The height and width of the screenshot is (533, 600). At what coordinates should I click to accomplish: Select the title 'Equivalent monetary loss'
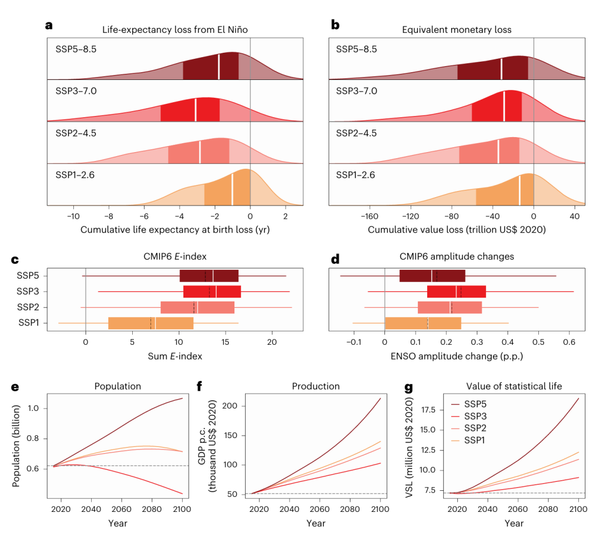[457, 29]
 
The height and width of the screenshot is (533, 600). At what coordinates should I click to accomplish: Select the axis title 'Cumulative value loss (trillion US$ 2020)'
[457, 229]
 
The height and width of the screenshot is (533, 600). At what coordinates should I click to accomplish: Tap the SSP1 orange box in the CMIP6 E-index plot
[151, 323]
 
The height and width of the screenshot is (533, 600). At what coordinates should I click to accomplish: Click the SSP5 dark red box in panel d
[432, 276]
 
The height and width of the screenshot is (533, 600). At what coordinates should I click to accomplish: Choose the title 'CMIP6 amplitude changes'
[457, 256]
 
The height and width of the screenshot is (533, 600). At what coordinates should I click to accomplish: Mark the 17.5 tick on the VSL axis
[427, 409]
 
